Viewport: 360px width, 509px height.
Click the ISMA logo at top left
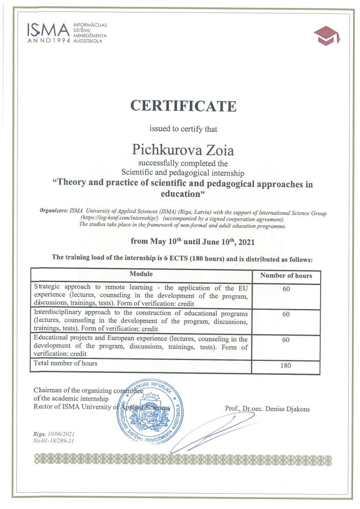pyautogui.click(x=50, y=30)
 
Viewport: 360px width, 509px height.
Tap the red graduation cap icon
pyautogui.click(x=326, y=34)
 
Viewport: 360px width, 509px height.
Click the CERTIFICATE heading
pyautogui.click(x=183, y=106)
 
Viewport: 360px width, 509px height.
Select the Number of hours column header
pyautogui.click(x=286, y=275)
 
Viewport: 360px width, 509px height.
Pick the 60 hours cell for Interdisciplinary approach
pyautogui.click(x=286, y=314)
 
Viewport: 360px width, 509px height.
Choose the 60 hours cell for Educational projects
pyautogui.click(x=286, y=339)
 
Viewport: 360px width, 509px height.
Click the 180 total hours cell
pyautogui.click(x=286, y=365)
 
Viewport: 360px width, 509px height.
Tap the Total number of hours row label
pyautogui.click(x=65, y=363)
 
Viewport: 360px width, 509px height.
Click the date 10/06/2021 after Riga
pyautogui.click(x=61, y=434)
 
